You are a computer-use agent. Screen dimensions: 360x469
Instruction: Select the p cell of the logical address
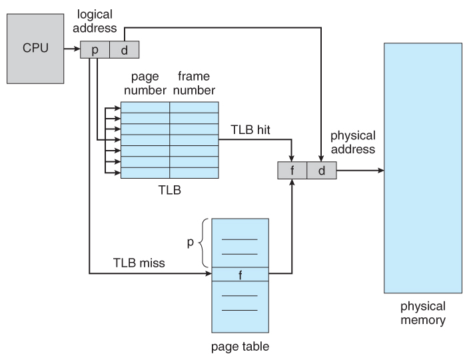coord(95,50)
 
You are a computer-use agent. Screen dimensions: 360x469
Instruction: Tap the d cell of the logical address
coord(124,50)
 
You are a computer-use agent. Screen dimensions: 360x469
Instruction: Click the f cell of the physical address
coord(292,170)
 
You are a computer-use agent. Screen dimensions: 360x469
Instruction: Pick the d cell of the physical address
coord(321,170)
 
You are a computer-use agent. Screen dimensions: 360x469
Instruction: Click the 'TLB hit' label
coord(250,129)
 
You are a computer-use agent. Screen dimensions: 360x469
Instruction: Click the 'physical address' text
coord(353,142)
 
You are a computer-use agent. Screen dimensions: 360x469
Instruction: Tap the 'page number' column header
coord(144,83)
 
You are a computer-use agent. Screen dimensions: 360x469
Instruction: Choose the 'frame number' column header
coord(195,83)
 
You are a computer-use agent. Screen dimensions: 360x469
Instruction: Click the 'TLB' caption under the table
coord(169,189)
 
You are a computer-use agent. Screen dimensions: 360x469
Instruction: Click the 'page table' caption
coord(240,347)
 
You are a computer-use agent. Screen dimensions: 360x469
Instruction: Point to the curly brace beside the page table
coord(205,244)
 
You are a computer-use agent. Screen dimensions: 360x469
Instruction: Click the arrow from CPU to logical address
coord(71,49)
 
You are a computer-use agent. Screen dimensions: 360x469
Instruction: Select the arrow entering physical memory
coord(360,171)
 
